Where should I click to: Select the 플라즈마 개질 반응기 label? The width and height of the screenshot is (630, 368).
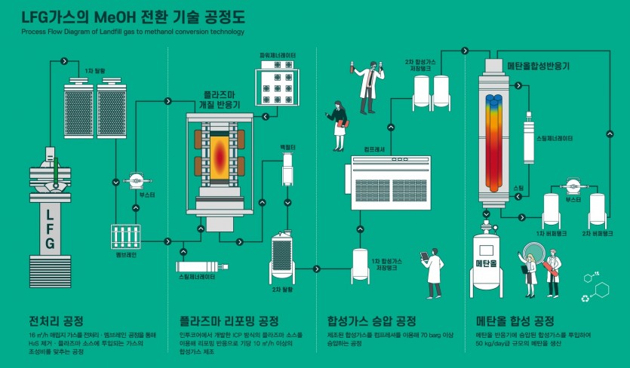coord(222,101)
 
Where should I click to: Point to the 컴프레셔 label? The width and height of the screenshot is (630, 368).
coord(374,150)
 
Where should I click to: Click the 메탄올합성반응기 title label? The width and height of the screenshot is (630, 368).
coord(538,66)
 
